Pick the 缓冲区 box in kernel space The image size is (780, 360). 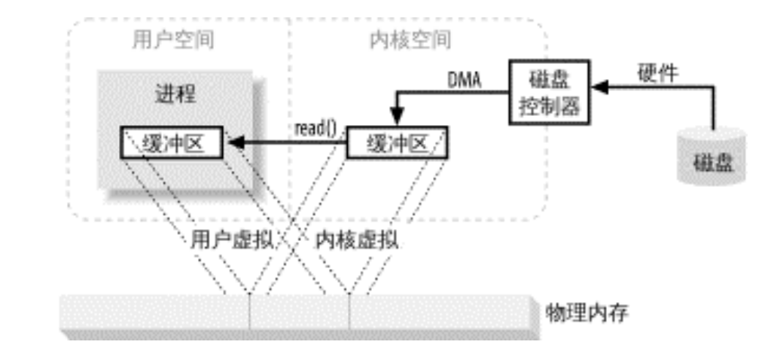point(397,142)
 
